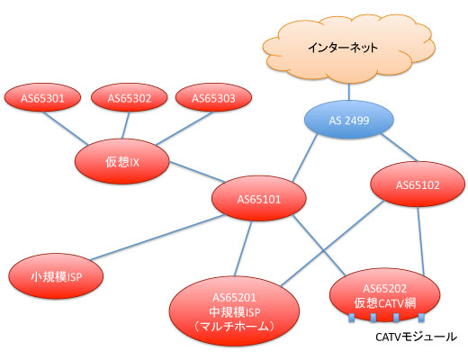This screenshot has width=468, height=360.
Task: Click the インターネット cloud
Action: (349, 48)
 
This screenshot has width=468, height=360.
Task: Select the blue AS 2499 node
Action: (349, 120)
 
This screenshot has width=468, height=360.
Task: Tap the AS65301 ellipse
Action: (42, 97)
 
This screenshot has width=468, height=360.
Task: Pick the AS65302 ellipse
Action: (130, 97)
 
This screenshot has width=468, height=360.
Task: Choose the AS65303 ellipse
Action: (213, 97)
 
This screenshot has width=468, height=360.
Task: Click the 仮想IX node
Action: (122, 161)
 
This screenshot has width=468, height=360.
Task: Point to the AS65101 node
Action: (259, 199)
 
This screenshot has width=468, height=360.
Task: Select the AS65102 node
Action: (418, 184)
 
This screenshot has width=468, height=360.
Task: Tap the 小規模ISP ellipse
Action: (56, 276)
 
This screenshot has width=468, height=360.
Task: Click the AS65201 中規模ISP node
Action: (234, 311)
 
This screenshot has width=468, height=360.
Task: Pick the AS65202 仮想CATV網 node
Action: (385, 295)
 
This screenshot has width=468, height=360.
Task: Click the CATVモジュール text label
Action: (416, 337)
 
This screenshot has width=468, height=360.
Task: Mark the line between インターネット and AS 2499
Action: (349, 92)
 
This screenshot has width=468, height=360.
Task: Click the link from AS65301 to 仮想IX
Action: (66, 128)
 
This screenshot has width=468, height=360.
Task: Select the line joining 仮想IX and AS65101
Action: (197, 172)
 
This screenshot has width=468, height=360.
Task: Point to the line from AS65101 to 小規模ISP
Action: (157, 238)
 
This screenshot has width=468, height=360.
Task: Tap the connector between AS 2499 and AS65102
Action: (399, 148)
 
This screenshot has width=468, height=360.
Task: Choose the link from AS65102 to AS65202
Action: (420, 240)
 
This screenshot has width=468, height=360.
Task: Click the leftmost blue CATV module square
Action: (352, 318)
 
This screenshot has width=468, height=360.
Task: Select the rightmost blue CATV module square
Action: (421, 318)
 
